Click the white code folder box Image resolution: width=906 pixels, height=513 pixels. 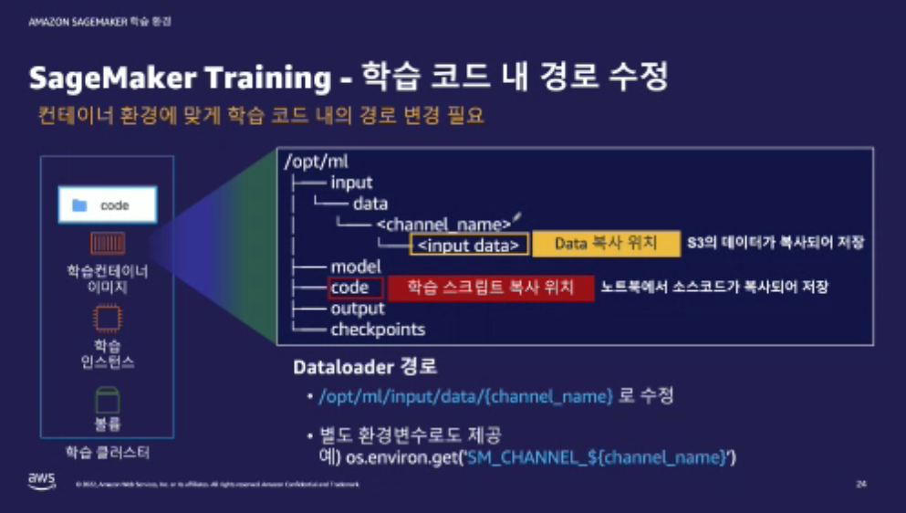pyautogui.click(x=108, y=205)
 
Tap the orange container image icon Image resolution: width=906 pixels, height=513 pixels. pyautogui.click(x=108, y=243)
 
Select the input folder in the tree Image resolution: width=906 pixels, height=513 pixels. pyautogui.click(x=351, y=183)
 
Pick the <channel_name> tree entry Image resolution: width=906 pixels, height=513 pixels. pyautogui.click(x=443, y=224)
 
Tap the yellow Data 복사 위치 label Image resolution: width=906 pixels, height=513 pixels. pyautogui.click(x=606, y=244)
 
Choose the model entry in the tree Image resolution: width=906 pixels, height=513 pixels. pyautogui.click(x=355, y=267)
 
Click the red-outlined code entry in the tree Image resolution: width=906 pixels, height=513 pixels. pyautogui.click(x=349, y=288)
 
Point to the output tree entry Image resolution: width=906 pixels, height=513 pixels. pyautogui.click(x=358, y=309)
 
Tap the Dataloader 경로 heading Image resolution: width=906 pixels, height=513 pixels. pyautogui.click(x=365, y=368)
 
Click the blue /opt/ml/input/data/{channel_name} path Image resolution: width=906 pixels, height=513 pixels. pyautogui.click(x=464, y=396)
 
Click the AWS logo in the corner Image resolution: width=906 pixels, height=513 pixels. pyautogui.click(x=41, y=481)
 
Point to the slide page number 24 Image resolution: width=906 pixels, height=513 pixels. pyautogui.click(x=860, y=483)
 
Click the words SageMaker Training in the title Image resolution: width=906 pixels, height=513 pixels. pyautogui.click(x=180, y=79)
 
